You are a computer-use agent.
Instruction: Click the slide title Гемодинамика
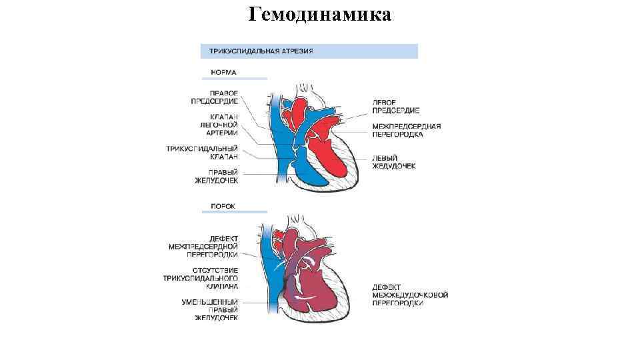pos(319,14)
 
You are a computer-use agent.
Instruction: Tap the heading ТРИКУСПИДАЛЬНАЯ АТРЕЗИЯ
pos(261,51)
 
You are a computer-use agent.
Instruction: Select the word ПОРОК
pos(223,206)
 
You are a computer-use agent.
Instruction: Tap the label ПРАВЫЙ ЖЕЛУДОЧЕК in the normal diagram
pos(216,176)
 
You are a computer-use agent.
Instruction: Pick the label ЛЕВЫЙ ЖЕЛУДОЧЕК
pos(394,162)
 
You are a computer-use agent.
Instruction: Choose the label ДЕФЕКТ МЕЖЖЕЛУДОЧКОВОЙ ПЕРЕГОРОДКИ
pos(409,295)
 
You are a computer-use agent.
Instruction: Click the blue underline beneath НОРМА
pos(234,79)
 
